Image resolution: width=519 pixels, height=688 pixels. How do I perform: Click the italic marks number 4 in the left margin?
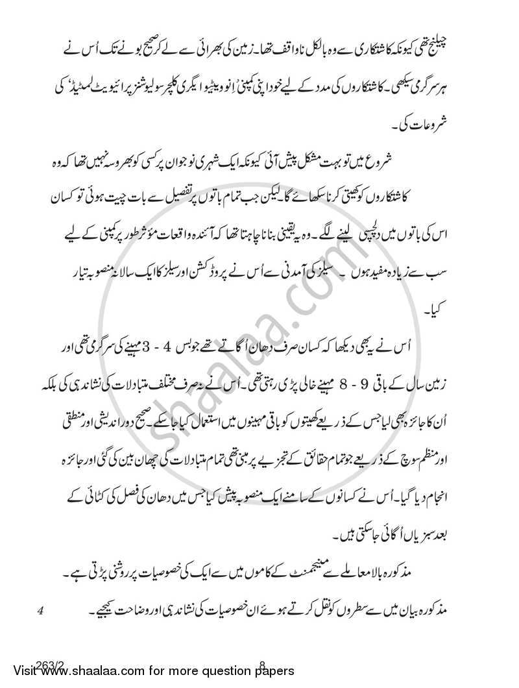point(41,610)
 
